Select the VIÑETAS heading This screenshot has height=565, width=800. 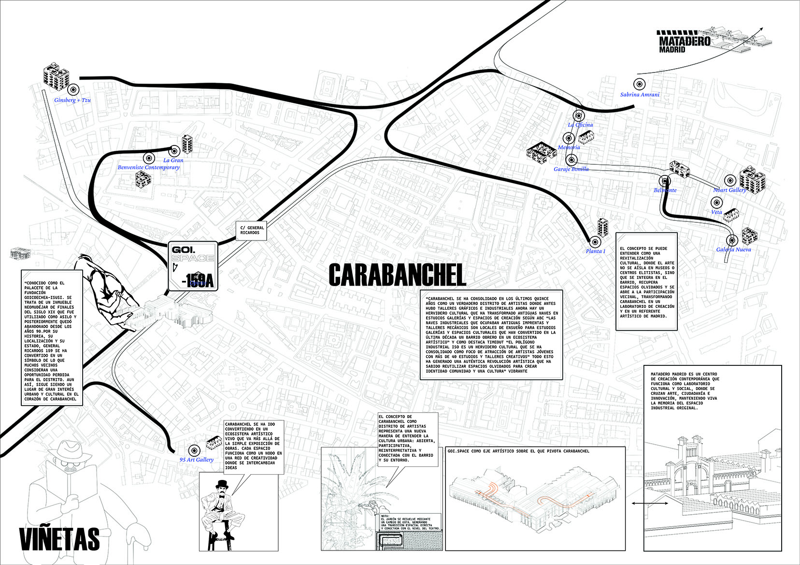pos(59,539)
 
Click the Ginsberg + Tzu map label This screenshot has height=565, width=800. pos(72,100)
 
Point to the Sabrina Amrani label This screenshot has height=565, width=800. pos(640,95)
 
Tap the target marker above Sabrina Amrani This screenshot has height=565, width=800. pos(639,84)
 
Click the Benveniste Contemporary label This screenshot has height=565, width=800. pos(148,167)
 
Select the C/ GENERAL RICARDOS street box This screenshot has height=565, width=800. pos(252,230)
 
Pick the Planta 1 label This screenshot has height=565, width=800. pos(595,251)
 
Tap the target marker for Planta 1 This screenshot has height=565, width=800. pos(595,242)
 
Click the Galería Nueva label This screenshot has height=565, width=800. pos(733,249)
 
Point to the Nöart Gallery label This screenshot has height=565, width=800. pos(729,190)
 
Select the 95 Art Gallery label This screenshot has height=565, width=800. pos(196,460)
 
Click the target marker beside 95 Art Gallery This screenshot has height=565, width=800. pos(194,449)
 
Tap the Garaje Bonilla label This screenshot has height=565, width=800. pos(571,169)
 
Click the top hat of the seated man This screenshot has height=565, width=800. pos(222,484)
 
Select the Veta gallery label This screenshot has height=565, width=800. pos(716,212)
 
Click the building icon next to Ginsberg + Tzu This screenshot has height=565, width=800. pos(56,76)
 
